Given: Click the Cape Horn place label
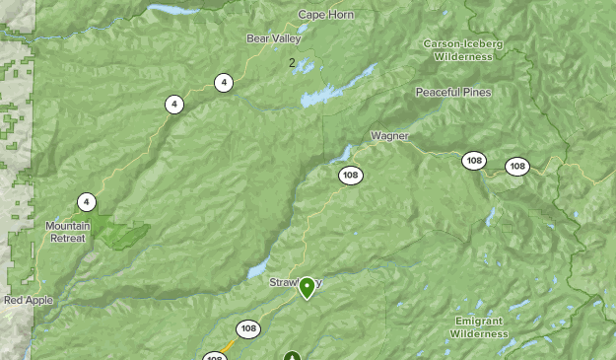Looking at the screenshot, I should (x=324, y=15).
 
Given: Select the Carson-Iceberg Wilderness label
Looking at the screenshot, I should (x=463, y=50).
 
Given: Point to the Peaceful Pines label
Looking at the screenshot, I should (x=452, y=92).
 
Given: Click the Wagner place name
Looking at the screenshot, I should (x=389, y=135).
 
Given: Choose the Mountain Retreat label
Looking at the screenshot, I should (x=68, y=231).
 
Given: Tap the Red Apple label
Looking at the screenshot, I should (x=29, y=300).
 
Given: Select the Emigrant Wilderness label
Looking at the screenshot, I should (x=478, y=327).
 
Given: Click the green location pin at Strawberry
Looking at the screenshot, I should (x=307, y=287).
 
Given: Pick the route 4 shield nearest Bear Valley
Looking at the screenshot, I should (x=224, y=83).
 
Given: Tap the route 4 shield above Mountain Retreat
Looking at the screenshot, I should (x=87, y=202).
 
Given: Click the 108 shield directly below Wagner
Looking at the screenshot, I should (x=350, y=176).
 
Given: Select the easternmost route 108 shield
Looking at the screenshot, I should (x=517, y=166).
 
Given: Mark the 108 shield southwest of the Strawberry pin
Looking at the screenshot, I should (x=247, y=328).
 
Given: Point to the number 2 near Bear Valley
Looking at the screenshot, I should (x=292, y=63).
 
